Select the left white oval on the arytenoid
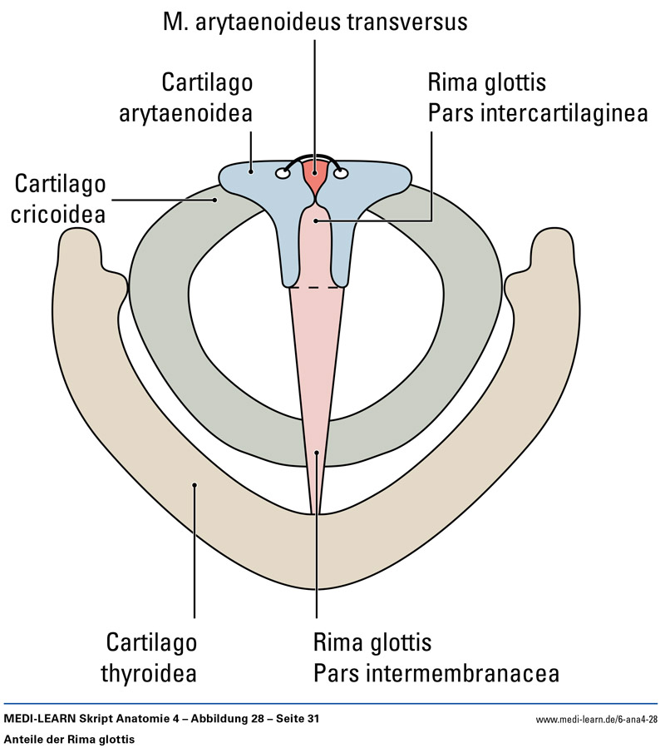click(283, 174)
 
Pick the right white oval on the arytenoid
click(341, 174)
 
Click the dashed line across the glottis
click(316, 287)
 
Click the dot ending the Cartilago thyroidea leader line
click(194, 485)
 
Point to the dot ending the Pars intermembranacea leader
click(317, 453)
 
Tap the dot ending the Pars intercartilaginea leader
click(316, 220)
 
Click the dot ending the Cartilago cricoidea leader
click(214, 200)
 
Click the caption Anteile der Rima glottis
click(69, 738)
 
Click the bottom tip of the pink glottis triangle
click(314, 513)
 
